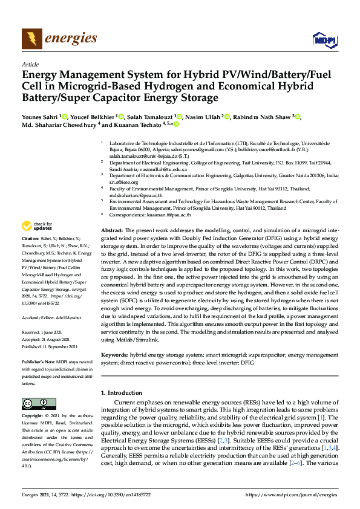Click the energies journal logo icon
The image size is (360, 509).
(x=31, y=39)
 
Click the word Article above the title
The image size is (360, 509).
(x=30, y=64)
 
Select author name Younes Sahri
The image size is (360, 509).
(x=41, y=117)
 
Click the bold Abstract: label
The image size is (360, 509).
(x=112, y=232)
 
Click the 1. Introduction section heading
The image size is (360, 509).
(x=123, y=393)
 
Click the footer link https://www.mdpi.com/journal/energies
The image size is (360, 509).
(x=292, y=495)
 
